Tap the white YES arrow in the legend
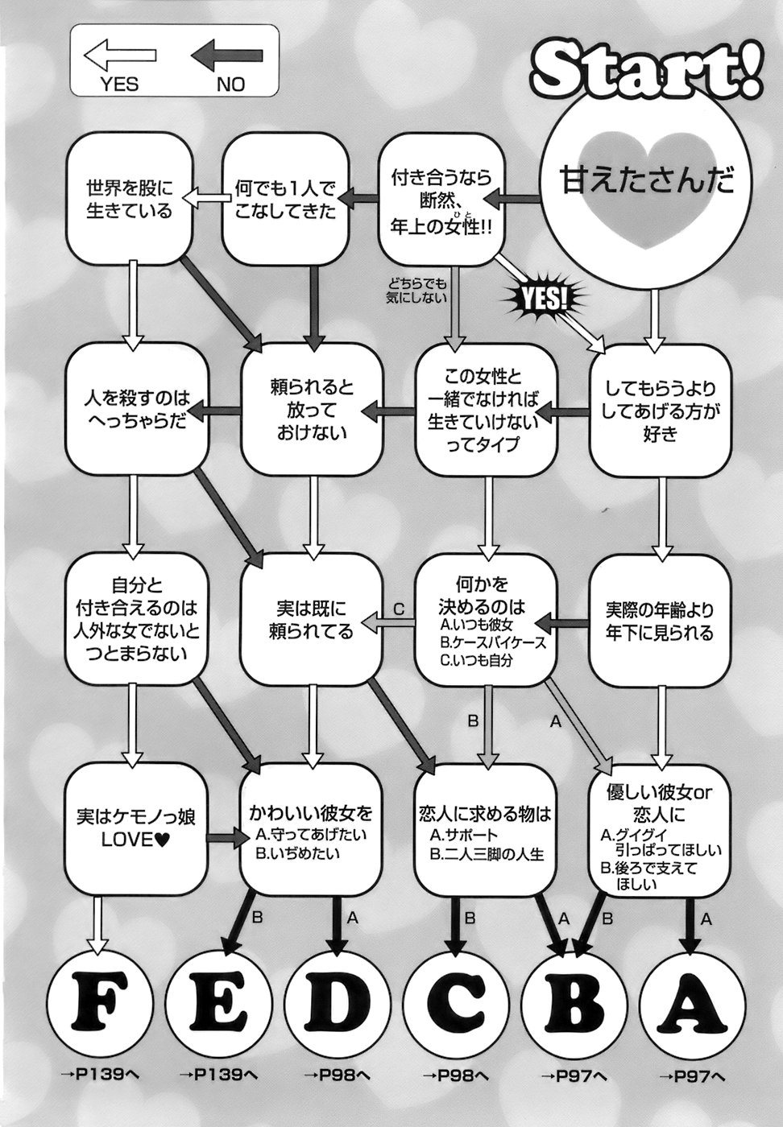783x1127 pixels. click(120, 58)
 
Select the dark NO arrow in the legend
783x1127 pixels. click(229, 58)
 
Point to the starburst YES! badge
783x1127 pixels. click(545, 299)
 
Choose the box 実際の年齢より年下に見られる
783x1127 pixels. click(660, 621)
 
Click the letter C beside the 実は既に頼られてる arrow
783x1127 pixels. click(397, 609)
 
